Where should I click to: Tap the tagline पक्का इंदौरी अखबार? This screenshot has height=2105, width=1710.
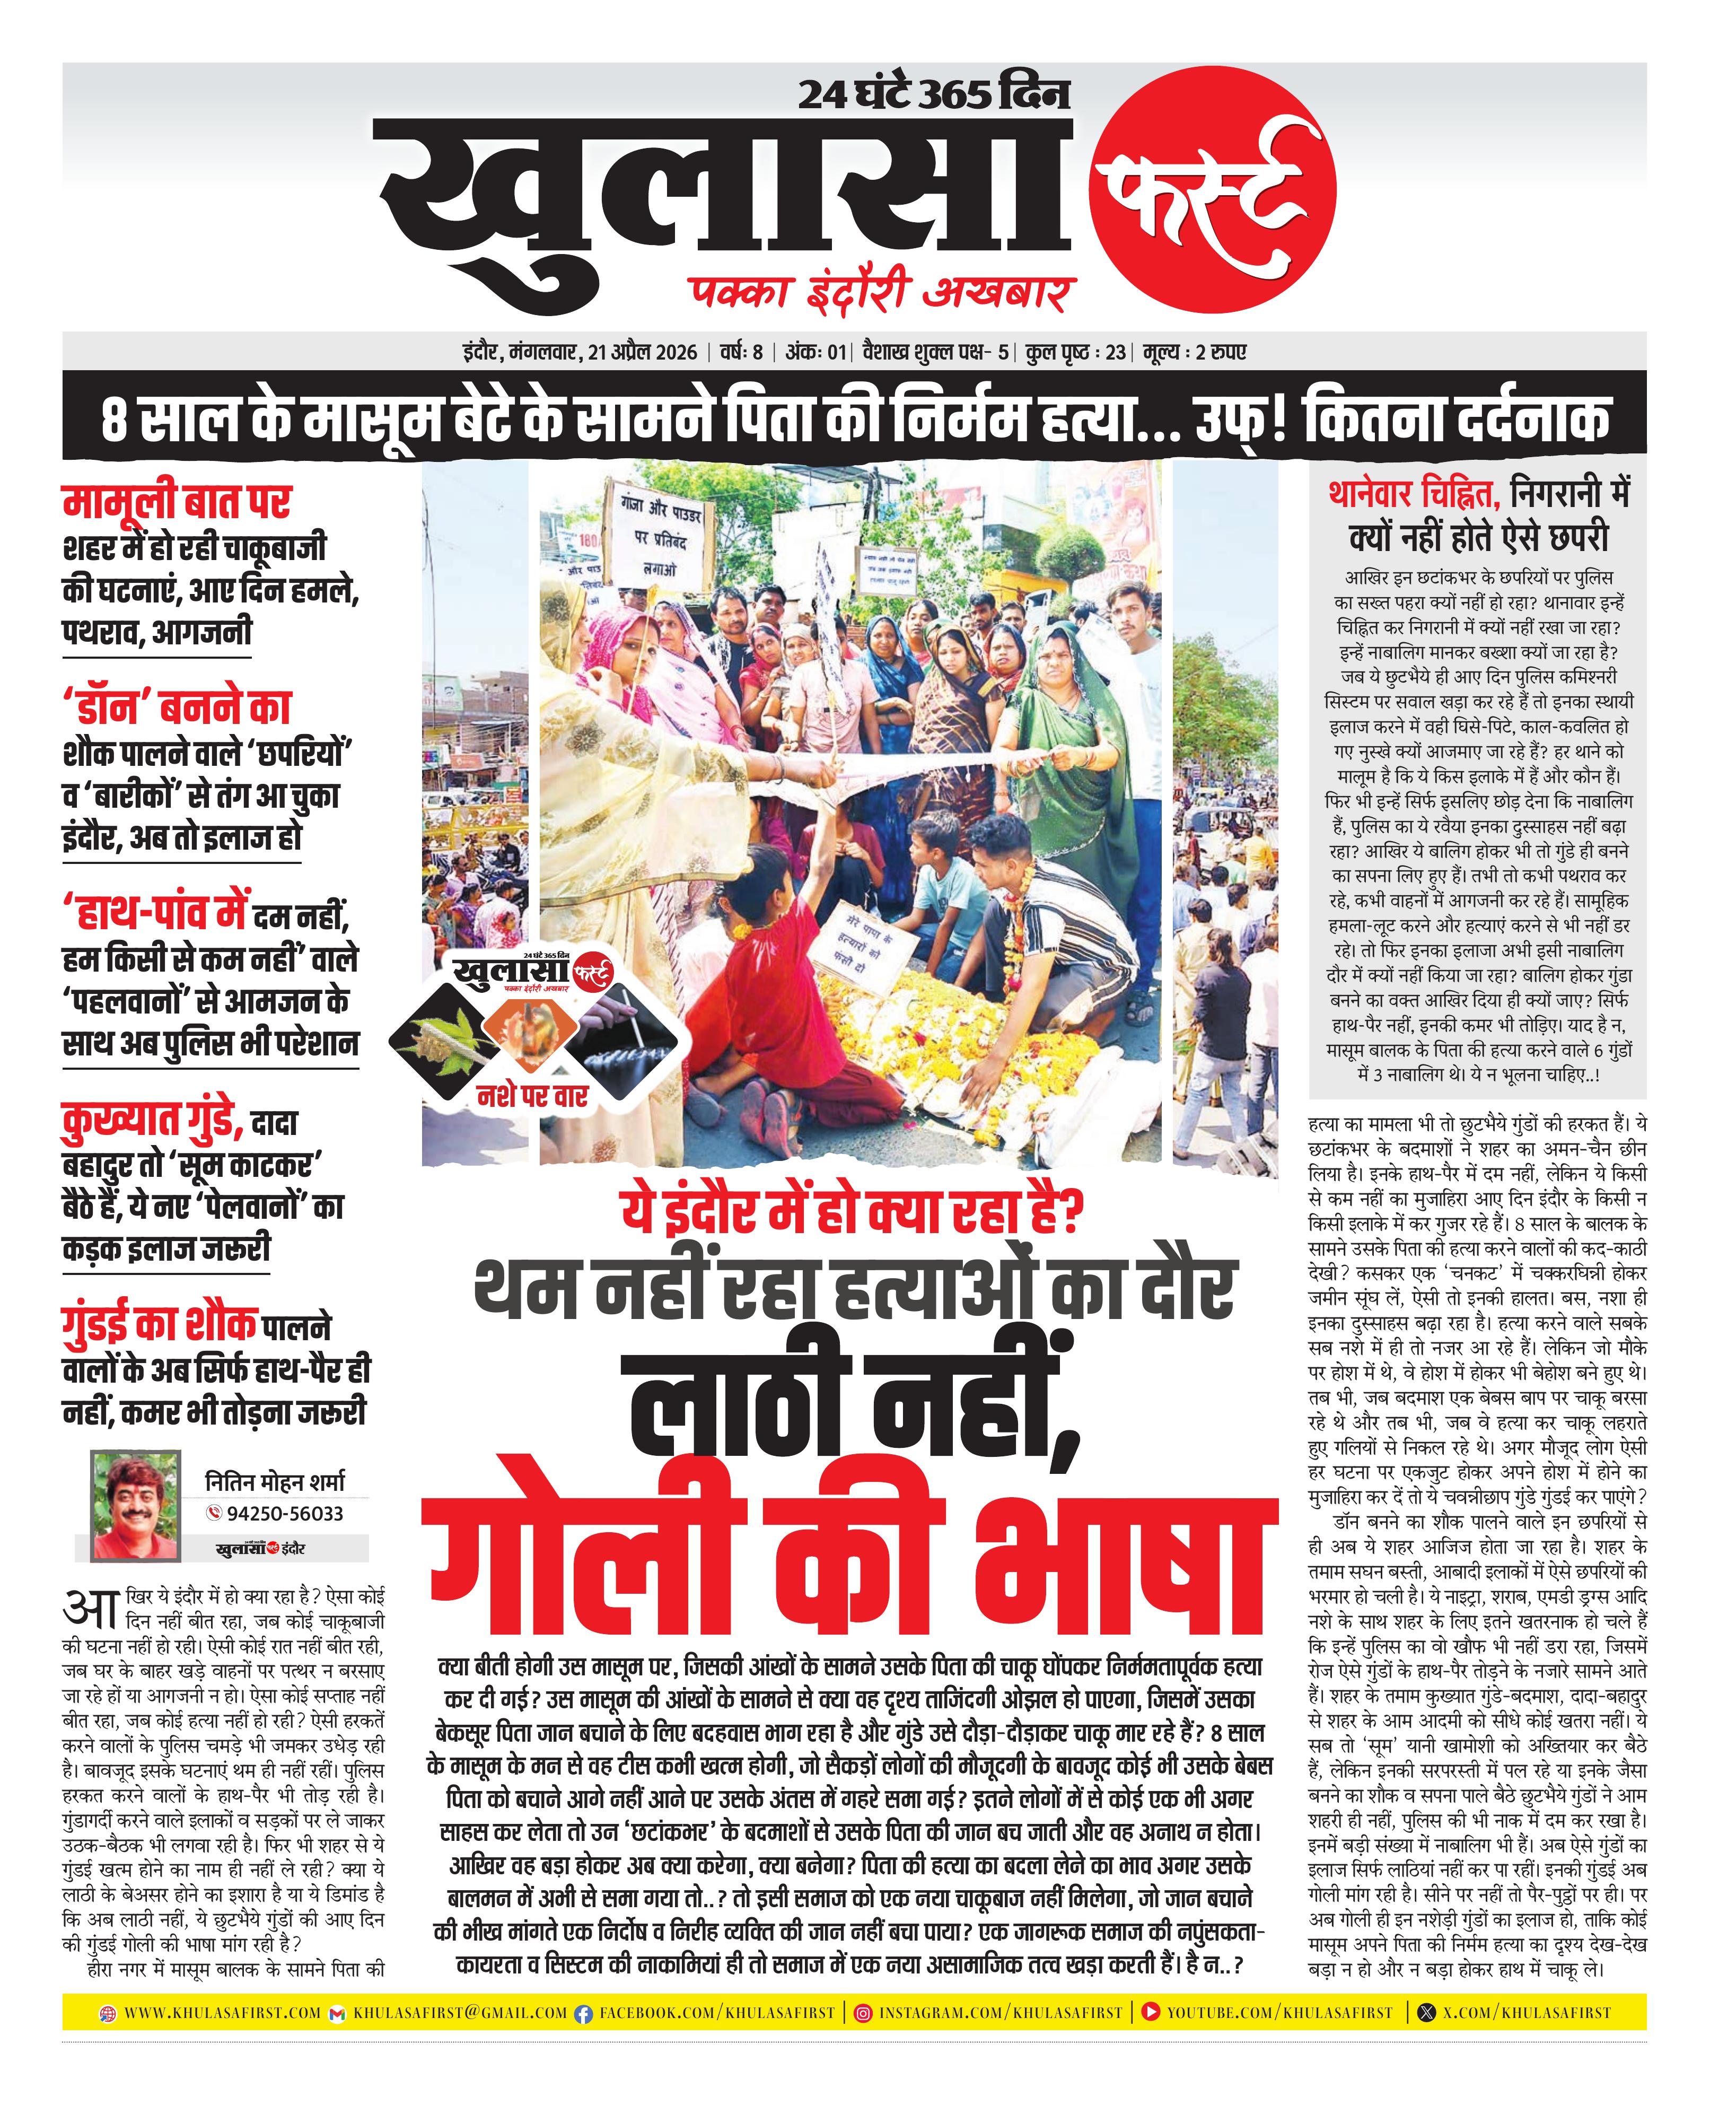click(x=882, y=293)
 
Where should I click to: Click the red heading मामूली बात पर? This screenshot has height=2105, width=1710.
click(x=177, y=502)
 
